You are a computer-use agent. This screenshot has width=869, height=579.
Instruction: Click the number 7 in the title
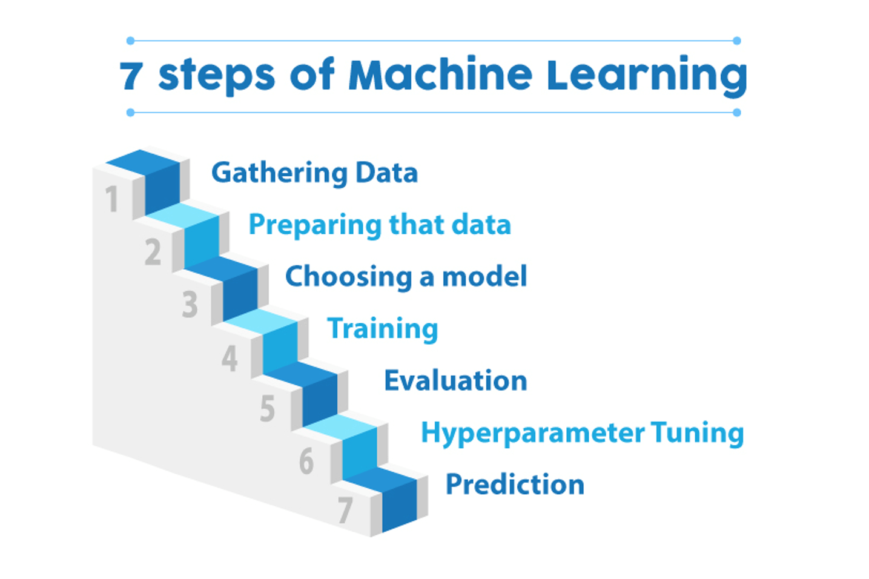click(131, 76)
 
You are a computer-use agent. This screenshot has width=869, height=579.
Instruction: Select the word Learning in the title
click(647, 76)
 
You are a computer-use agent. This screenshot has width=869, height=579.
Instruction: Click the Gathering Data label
click(314, 173)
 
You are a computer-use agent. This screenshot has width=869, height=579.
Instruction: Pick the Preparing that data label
click(380, 225)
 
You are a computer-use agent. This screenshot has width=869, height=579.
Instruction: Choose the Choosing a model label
click(406, 277)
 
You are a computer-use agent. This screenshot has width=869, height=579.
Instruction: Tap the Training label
click(382, 329)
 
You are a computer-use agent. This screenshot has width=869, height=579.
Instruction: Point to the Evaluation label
click(455, 381)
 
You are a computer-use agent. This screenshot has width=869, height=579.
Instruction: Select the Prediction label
click(515, 485)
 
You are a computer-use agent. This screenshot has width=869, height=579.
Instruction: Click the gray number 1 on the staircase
click(111, 199)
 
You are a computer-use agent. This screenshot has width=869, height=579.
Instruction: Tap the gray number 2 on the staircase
click(153, 252)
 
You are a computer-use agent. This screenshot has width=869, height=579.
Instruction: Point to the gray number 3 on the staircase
click(190, 304)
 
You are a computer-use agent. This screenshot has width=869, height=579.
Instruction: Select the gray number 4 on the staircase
click(230, 358)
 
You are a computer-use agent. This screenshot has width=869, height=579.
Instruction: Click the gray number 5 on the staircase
click(268, 409)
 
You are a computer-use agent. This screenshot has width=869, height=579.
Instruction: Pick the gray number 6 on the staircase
click(306, 462)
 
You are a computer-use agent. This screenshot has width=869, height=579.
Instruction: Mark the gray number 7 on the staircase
click(345, 510)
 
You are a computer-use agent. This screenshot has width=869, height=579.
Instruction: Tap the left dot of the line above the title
click(130, 41)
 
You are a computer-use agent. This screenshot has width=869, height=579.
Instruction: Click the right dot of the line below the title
click(737, 112)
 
